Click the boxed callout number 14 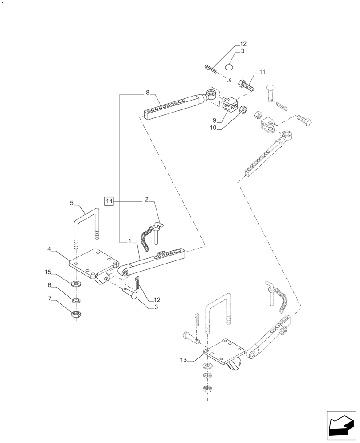click(x=110, y=201)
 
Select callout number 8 click(x=147, y=93)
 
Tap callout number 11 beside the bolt click(x=262, y=72)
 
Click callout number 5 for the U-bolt click(x=72, y=203)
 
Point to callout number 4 click(x=50, y=250)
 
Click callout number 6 click(x=50, y=286)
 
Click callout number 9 click(x=214, y=120)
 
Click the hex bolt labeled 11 click(x=246, y=85)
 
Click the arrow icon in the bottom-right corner click(x=341, y=426)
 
